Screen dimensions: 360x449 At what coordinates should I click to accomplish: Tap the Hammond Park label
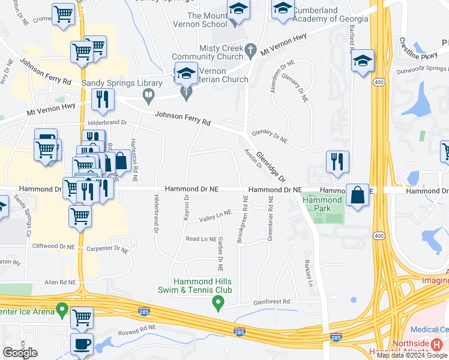[x=327, y=205]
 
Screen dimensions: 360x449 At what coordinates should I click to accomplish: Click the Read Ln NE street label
[x=201, y=239]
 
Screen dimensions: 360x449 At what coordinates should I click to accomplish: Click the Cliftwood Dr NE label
[x=53, y=246]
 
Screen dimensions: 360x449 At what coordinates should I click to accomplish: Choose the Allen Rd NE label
[x=59, y=282]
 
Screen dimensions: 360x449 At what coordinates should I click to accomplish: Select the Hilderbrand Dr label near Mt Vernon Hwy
[x=108, y=122]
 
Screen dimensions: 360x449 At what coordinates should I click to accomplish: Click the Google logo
[x=20, y=352]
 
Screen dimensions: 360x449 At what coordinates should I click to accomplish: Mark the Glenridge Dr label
[x=271, y=167]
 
